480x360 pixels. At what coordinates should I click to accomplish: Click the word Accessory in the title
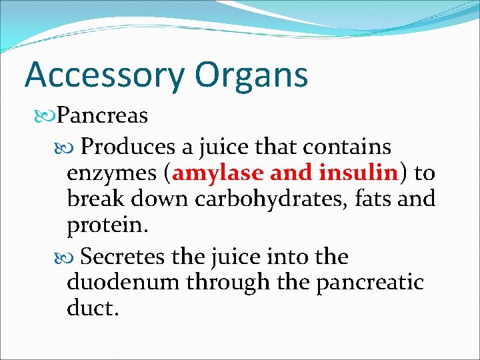point(99,75)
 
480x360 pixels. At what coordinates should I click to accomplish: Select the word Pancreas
point(102,116)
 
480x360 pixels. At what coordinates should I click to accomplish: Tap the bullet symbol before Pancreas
point(47,116)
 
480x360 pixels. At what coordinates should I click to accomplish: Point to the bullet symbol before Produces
point(71,146)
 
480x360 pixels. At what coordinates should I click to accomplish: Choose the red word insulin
point(358,173)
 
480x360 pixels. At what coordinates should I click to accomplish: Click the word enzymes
point(111,173)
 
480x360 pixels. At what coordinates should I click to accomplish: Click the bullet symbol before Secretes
point(71,257)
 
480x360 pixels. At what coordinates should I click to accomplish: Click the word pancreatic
point(370,282)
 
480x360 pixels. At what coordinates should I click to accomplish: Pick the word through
point(219,283)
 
